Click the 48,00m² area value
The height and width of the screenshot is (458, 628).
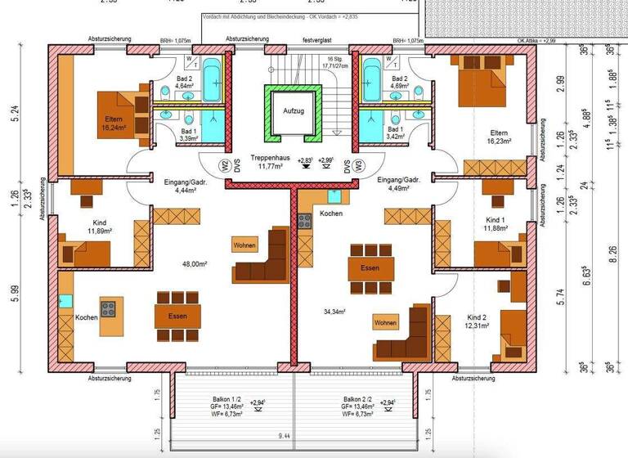[x=194, y=264]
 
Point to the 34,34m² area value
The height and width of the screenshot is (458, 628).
[x=335, y=312]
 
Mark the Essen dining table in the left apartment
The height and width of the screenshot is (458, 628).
[x=177, y=316]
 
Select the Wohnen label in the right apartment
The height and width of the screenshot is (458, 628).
[x=385, y=322]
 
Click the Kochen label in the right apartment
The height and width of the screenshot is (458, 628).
[x=331, y=213]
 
